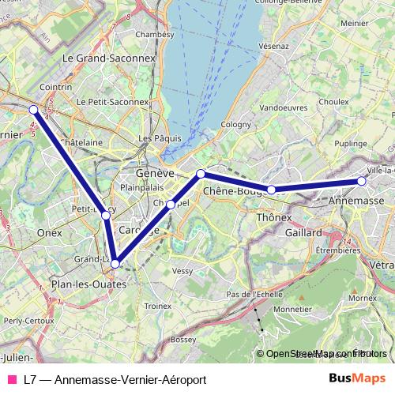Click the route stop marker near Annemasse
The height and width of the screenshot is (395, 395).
tap(362, 181)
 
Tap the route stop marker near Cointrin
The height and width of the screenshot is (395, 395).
tap(33, 110)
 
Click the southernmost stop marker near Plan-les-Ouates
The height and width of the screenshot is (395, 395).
tap(115, 264)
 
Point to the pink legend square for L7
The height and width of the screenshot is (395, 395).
tap(12, 379)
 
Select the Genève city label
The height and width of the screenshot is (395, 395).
tap(154, 173)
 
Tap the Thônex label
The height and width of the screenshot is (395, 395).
tap(275, 217)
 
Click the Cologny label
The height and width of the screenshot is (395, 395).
tap(235, 125)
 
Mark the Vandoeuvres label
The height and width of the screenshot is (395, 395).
tap(283, 107)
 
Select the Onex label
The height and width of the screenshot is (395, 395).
tap(49, 233)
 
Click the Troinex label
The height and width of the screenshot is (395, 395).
tap(158, 305)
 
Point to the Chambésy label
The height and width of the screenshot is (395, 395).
tap(154, 34)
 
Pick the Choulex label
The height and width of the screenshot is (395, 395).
tap(334, 101)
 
